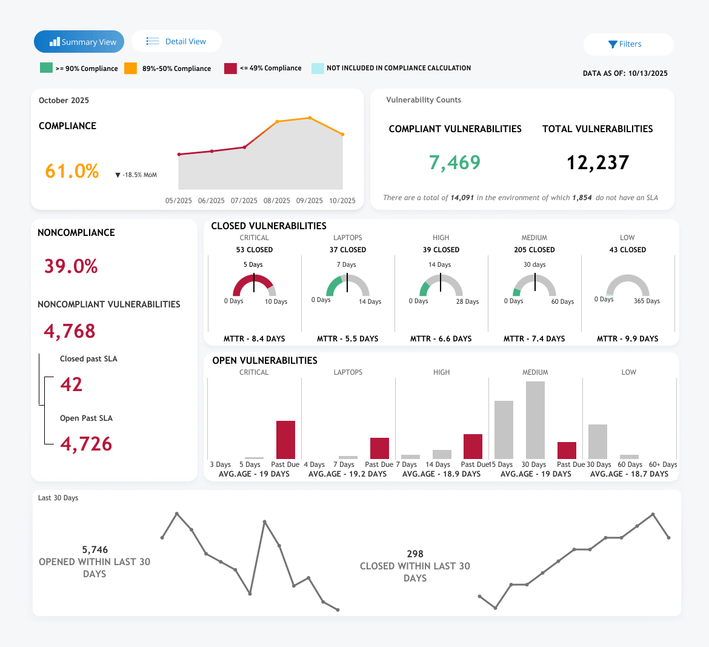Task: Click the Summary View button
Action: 79,42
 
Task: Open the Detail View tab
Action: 176,41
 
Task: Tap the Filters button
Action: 628,44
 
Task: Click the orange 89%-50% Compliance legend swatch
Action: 130,69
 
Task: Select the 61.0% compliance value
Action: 72,171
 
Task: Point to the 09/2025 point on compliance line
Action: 310,118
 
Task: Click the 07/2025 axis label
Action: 244,201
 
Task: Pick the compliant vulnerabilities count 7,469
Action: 454,163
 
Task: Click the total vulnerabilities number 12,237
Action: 597,163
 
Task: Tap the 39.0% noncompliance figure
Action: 71,266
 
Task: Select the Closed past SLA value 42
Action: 72,384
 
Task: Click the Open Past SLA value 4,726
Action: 86,444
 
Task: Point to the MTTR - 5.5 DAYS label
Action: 347,339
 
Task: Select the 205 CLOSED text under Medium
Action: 534,250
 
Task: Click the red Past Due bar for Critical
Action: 285,440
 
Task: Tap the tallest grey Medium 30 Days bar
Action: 535,420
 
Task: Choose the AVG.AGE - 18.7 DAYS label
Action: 629,474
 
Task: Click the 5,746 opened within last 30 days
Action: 95,550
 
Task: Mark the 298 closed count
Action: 415,554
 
